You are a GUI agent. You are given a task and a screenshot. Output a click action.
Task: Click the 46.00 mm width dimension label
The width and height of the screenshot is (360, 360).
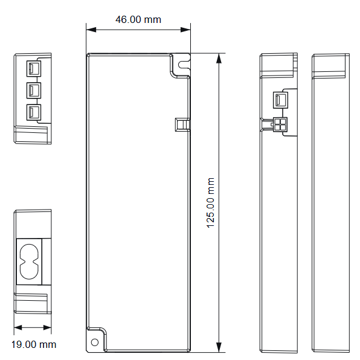pos(138,19)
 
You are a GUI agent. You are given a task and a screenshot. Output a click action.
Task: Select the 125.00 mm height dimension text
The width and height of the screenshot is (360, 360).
pos(211,203)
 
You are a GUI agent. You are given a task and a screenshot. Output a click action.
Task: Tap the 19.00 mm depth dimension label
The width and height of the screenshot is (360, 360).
pos(34,344)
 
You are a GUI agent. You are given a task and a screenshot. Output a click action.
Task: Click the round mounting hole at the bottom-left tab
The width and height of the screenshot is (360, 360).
pos(95,342)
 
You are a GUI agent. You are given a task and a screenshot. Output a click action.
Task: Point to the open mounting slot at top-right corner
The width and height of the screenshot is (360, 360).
pos(184,65)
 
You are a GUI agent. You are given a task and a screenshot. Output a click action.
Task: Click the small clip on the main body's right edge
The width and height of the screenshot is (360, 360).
pos(182,124)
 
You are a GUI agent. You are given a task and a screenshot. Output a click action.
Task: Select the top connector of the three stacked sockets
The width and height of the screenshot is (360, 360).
pos(34,68)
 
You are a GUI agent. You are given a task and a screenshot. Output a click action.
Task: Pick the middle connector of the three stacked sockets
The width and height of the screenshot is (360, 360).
pos(34,91)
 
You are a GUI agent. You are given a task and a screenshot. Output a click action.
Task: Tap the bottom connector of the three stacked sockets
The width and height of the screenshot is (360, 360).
pos(34,112)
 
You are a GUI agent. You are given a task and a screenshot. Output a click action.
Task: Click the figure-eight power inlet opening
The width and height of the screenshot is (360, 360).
pos(29,262)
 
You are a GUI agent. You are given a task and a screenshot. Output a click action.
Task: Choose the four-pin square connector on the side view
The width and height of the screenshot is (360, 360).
pos(280,124)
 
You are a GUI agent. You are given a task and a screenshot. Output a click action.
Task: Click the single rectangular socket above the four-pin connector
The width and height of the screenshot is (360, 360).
pos(280,100)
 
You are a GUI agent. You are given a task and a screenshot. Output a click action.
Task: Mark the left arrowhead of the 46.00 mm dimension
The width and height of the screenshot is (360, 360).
pos(91,30)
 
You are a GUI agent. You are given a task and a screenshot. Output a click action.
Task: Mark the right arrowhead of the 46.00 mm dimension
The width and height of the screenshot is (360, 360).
pos(185,30)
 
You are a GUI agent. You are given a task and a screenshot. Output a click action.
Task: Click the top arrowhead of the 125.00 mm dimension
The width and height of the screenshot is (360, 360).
pos(219,59)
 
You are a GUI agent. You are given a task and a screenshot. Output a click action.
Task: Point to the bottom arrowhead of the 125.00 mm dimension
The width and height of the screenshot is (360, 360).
pos(219,347)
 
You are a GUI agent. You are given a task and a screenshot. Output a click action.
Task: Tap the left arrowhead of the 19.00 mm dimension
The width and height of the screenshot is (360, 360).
pos(18,327)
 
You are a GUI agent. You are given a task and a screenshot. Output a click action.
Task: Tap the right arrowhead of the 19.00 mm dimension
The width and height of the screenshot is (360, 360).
pos(47,327)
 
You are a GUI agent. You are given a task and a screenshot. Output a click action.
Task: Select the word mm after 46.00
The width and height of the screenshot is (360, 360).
pos(153,20)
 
